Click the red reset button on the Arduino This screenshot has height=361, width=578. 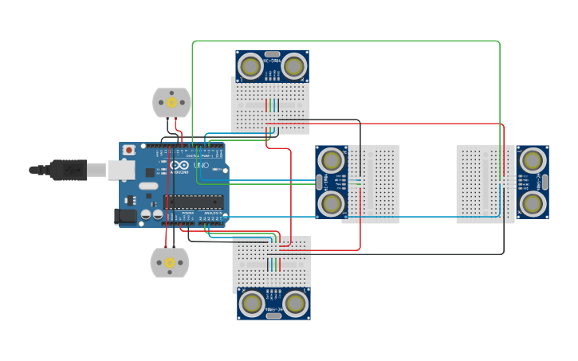pyautogui.click(x=129, y=150)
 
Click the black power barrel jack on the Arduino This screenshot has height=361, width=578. pyautogui.click(x=124, y=215)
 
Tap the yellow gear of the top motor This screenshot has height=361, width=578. pyautogui.click(x=171, y=102)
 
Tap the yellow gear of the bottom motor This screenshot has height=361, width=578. pyautogui.click(x=169, y=262)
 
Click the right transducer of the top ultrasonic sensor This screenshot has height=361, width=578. pyautogui.click(x=293, y=66)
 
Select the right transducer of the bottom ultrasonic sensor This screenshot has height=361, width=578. pyautogui.click(x=295, y=304)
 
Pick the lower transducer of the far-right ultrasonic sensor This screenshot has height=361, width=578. pyautogui.click(x=532, y=203)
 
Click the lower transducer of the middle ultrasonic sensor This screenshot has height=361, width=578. pyautogui.click(x=331, y=203)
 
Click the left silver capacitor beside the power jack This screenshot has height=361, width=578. pyautogui.click(x=147, y=215)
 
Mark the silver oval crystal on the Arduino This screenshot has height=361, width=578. pyautogui.click(x=148, y=186)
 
